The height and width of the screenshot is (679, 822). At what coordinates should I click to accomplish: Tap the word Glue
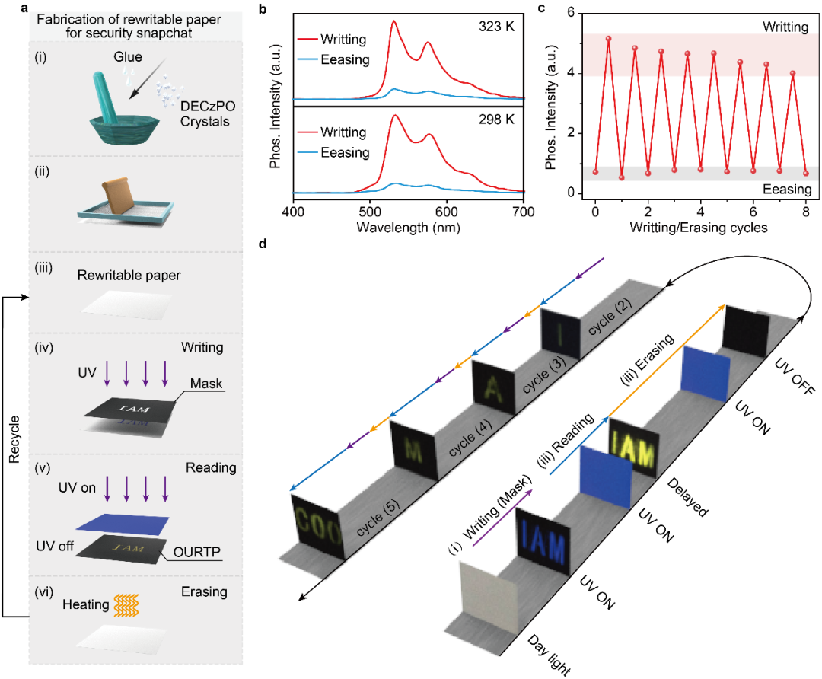pos(129,57)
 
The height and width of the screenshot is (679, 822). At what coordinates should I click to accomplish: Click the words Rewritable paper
pos(129,275)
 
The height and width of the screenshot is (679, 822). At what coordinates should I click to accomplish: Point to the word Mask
pos(206,384)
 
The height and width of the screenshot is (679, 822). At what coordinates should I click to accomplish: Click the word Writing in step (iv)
pos(202,348)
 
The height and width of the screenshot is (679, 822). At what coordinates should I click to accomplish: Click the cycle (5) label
pos(379,518)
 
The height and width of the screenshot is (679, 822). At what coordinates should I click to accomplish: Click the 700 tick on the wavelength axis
pos(521,212)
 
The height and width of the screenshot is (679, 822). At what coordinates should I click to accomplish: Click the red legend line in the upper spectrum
pos(308,39)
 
